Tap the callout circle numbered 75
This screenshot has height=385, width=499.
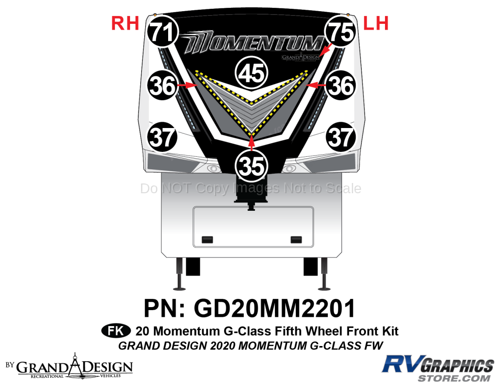(340, 32)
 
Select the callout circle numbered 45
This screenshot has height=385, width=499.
(251, 73)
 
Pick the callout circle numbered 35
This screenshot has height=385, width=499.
(251, 165)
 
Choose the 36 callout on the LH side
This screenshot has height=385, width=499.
(341, 86)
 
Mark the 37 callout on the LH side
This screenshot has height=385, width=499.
(341, 137)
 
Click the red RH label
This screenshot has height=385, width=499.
(125, 23)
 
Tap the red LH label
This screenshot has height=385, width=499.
(376, 23)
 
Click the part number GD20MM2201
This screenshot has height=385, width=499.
(274, 309)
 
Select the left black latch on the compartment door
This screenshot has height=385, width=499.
(207, 239)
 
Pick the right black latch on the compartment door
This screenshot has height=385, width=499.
(295, 239)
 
